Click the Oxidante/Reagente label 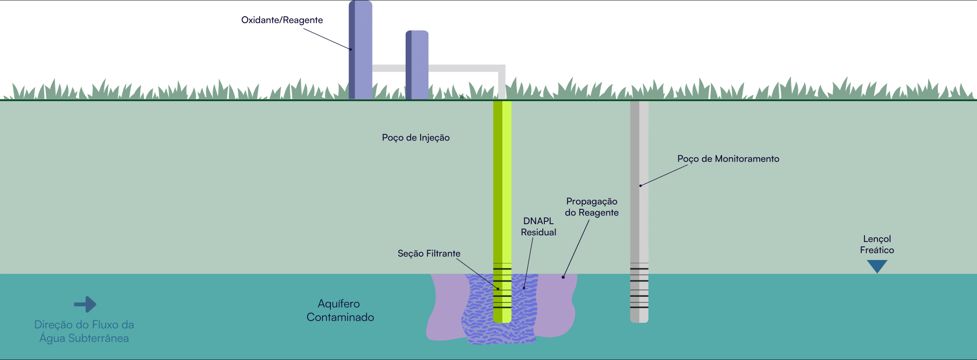pyautogui.click(x=282, y=20)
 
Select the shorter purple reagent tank pyautogui.click(x=417, y=65)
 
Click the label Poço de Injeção pyautogui.click(x=415, y=138)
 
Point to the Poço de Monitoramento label pyautogui.click(x=728, y=159)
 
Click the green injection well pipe pyautogui.click(x=502, y=186)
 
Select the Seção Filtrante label pyautogui.click(x=428, y=253)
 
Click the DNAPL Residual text pyautogui.click(x=538, y=227)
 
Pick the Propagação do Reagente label pyautogui.click(x=591, y=207)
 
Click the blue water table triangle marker pyautogui.click(x=877, y=266)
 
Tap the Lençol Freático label pyautogui.click(x=877, y=244)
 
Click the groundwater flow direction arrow pyautogui.click(x=85, y=305)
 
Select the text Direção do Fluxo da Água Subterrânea pyautogui.click(x=84, y=331)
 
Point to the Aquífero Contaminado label pyautogui.click(x=340, y=310)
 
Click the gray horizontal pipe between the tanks pyautogui.click(x=389, y=68)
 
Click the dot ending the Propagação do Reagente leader pyautogui.click(x=563, y=277)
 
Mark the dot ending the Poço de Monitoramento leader pyautogui.click(x=641, y=186)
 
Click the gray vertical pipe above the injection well pyautogui.click(x=502, y=84)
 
